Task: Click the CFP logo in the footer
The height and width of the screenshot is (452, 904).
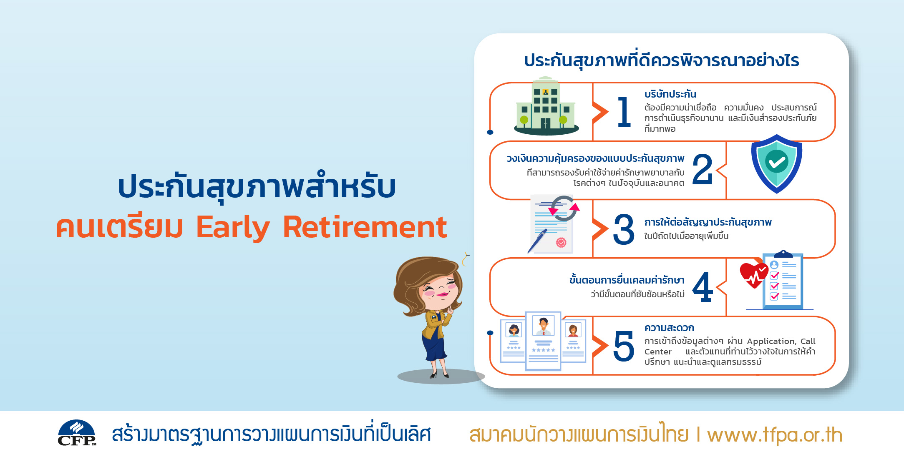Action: [77, 433]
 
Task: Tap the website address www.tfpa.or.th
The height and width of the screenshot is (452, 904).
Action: [775, 434]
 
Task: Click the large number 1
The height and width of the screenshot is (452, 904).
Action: [624, 111]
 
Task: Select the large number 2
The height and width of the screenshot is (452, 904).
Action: [703, 169]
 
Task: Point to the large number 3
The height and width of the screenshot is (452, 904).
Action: [624, 229]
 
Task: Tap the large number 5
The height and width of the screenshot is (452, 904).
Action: [624, 346]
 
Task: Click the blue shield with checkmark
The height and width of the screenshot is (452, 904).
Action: [777, 163]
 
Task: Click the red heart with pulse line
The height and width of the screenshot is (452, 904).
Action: [754, 275]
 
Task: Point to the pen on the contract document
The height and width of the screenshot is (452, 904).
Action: [537, 241]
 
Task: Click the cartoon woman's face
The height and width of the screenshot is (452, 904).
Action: [438, 290]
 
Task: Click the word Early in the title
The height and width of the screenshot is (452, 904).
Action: [233, 228]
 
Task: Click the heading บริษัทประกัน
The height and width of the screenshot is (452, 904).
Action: [670, 94]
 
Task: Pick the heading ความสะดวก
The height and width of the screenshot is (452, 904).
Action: [669, 328]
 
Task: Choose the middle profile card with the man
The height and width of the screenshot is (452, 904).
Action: [543, 341]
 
